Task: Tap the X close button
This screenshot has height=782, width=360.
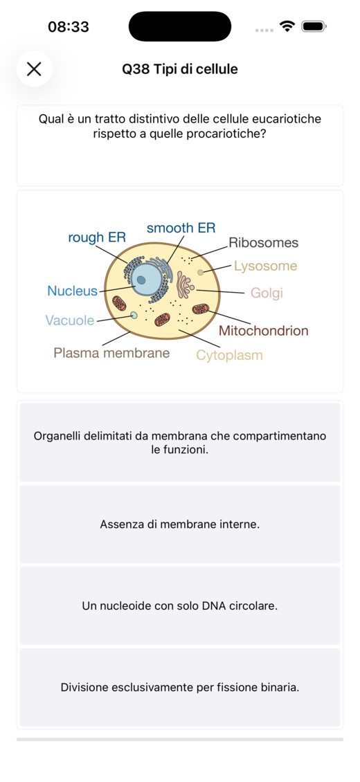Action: coord(34,69)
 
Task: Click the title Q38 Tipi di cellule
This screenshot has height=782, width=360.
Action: coord(180,69)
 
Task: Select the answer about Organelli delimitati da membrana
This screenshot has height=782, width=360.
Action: coord(180,442)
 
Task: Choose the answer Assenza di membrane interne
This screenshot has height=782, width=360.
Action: coord(180,524)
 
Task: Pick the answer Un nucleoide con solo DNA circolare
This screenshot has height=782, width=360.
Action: coord(180,606)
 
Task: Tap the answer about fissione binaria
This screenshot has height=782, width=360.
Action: coord(180,687)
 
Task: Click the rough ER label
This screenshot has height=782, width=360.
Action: coord(97,237)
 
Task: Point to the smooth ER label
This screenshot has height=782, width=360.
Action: coord(181,228)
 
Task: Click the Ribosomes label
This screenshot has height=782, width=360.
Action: coord(263,243)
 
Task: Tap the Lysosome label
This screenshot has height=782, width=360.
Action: coord(266,266)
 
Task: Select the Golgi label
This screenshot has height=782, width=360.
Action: coord(267,293)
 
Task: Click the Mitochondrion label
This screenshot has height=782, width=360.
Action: coord(263,330)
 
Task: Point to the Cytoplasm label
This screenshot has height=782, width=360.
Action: coord(229,355)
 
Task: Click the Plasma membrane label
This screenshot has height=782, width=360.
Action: coord(111,353)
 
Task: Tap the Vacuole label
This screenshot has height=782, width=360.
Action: coord(70,320)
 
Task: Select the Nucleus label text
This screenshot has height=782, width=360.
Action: coord(72,291)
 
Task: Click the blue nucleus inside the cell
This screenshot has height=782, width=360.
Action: coord(145,278)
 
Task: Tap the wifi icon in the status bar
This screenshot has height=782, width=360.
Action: coord(287,26)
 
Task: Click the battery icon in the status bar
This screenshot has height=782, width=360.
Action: coord(314,26)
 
